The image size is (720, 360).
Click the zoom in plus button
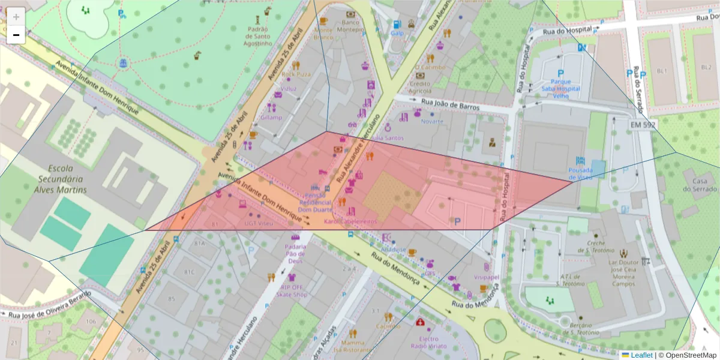16,17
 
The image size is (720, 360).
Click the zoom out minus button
16,35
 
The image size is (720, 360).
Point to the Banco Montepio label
350,25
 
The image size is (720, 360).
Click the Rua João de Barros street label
451,104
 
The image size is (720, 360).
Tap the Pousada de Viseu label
581,173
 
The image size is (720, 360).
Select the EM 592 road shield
643,124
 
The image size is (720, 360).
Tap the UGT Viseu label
259,223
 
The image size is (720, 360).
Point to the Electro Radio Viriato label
428,342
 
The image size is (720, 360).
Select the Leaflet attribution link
642,355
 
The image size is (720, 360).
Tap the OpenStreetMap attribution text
687,355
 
